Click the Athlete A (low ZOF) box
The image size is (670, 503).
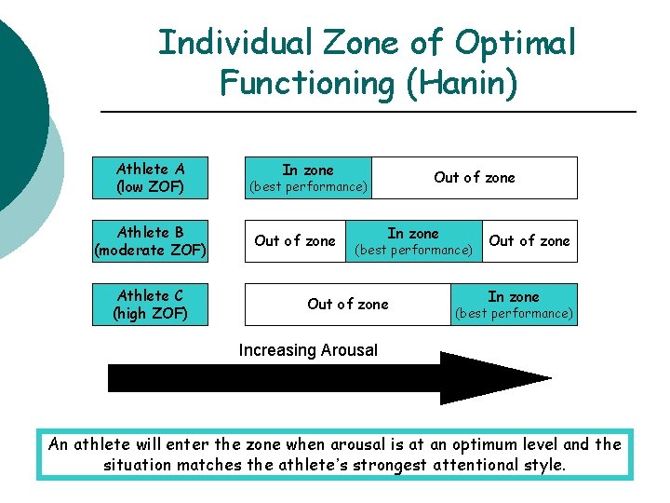[x=150, y=178]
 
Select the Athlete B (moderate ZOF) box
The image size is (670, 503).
[x=150, y=241]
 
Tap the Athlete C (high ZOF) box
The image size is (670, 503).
[x=150, y=305]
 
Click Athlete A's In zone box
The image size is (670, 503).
[x=308, y=178]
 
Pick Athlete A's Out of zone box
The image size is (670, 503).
[x=474, y=178]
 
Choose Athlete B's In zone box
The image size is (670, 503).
[x=413, y=241]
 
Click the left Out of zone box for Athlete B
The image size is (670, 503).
[x=295, y=241]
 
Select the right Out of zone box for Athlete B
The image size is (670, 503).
[x=529, y=241]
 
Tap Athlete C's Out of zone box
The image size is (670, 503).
[x=348, y=305]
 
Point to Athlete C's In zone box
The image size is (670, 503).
[x=514, y=305]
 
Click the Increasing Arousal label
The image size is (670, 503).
[x=308, y=351]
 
